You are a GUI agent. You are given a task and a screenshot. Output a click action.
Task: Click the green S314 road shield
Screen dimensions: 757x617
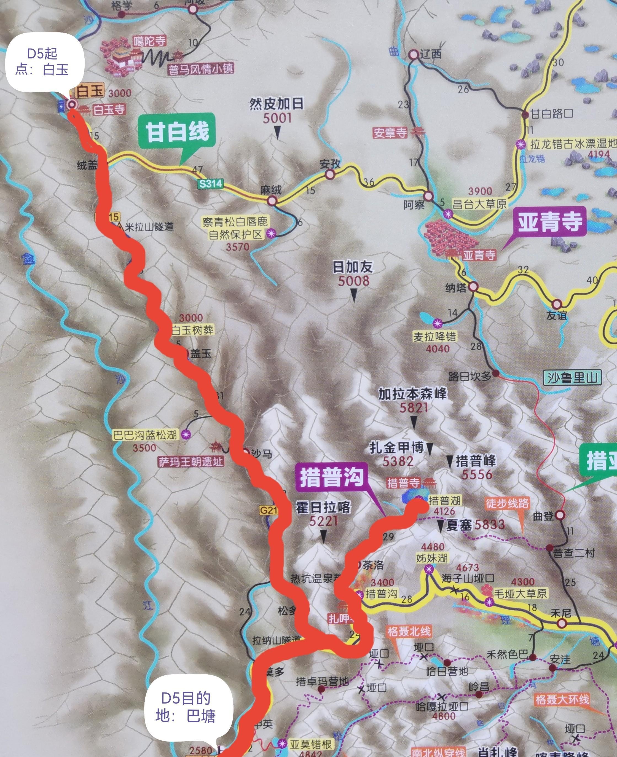[211, 183]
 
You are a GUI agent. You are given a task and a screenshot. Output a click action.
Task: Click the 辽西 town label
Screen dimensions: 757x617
[430, 54]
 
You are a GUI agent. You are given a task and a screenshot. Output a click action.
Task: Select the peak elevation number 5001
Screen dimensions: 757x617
[277, 118]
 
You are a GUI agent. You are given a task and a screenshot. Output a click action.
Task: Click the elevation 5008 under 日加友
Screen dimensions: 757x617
[354, 281]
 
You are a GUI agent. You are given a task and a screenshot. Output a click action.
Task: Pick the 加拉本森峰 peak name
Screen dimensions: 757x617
[412, 394]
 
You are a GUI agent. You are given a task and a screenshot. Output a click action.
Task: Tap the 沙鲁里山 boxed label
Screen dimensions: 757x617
[573, 377]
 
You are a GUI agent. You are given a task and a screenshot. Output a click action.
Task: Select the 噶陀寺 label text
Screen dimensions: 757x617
[150, 41]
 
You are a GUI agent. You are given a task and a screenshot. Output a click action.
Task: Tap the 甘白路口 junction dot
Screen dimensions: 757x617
[525, 114]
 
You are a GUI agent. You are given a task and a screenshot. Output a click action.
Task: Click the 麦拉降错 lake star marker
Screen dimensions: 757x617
[437, 323]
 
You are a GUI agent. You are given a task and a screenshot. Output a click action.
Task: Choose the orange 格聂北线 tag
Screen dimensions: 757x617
[409, 632]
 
